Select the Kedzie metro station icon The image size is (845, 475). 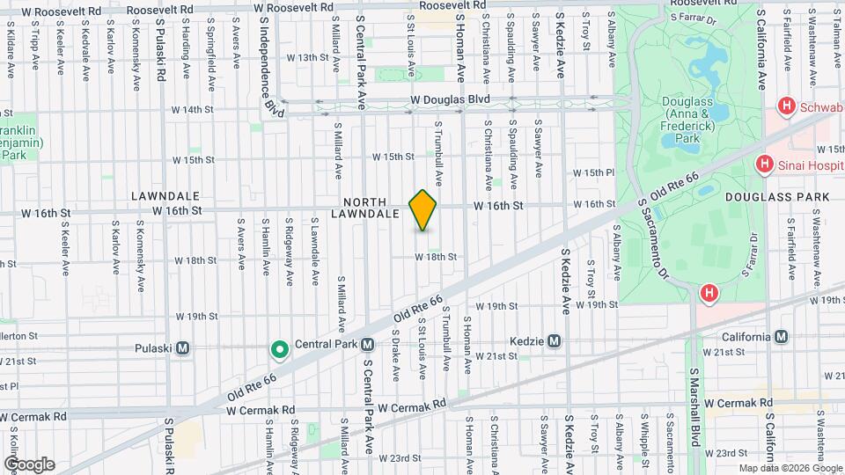[x=554, y=340]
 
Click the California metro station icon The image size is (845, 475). [x=781, y=336]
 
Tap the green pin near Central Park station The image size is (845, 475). [x=280, y=351]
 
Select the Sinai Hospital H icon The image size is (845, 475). [x=764, y=164]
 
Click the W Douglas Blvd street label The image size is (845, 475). [x=449, y=100]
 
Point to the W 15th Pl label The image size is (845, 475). [x=593, y=173]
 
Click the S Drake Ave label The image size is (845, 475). [x=396, y=355]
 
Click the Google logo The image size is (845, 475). [x=29, y=464]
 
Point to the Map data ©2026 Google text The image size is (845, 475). [x=789, y=468]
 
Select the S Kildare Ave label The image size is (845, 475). [x=10, y=50]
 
